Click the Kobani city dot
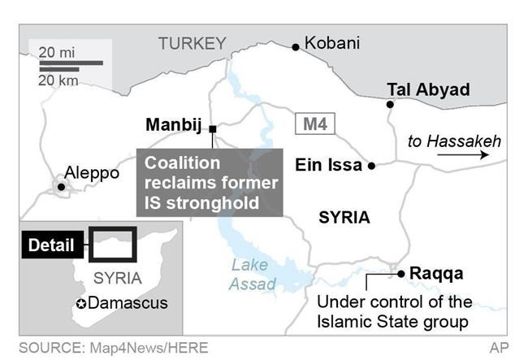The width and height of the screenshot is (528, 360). point(296,47)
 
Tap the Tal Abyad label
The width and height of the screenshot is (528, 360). point(428,89)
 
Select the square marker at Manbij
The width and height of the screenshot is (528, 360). point(212,128)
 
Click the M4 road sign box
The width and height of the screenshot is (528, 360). point(314,125)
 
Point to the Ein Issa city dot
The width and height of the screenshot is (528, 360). point(371,165)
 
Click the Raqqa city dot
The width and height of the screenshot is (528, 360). point(401,273)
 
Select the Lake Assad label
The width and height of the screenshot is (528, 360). point(253,274)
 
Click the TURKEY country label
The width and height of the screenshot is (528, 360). point(192,44)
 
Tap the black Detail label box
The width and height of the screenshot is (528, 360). point(51,245)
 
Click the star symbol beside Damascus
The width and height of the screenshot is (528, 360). point(80,304)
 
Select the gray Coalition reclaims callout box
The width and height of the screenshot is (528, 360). point(209,182)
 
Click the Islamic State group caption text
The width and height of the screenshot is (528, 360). point(392,313)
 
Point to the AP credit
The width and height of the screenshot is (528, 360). point(499,348)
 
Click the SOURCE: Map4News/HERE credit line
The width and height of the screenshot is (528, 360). point(114,348)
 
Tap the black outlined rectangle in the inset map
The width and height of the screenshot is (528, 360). point(112,243)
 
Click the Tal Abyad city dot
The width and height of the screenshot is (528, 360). point(391,104)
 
